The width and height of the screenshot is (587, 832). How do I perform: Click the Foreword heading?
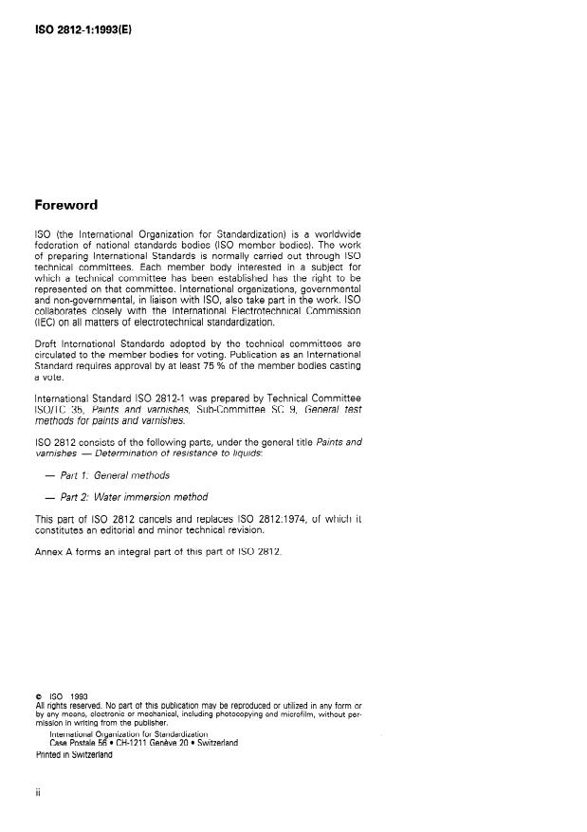(65, 205)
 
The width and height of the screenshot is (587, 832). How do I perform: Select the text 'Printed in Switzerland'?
(73, 755)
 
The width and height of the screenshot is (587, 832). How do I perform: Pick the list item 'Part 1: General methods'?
(113, 475)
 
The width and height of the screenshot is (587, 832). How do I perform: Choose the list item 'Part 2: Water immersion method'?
(134, 496)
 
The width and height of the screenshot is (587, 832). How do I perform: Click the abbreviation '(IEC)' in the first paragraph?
(48, 322)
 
